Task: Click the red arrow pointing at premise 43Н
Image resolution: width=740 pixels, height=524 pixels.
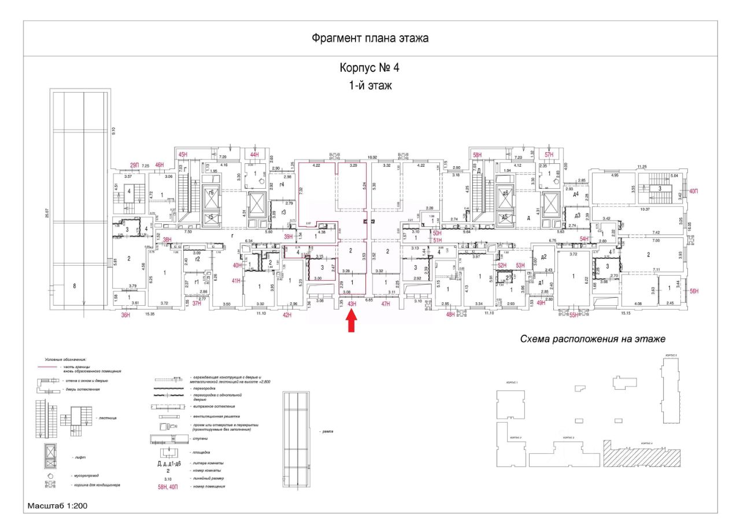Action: coord(351,322)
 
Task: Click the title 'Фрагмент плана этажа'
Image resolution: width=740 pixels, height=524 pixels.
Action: coord(370,39)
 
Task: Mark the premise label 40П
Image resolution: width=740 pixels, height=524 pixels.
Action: coord(694,191)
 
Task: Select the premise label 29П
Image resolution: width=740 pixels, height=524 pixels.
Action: coord(134,166)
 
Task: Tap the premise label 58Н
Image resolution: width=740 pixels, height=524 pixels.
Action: coord(478,155)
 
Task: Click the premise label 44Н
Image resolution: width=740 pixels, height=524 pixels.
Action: coord(255,155)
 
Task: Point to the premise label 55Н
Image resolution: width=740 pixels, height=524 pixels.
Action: coord(573,315)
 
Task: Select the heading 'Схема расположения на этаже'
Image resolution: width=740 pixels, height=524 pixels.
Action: coord(593,339)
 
